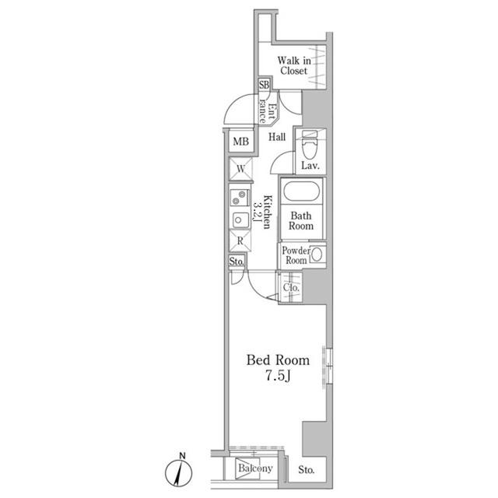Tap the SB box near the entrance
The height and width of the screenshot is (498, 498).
264,85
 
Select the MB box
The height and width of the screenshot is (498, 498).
240,142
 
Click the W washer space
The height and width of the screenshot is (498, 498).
240,168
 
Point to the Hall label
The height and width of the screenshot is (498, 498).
277,137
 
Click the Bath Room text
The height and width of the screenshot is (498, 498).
302,220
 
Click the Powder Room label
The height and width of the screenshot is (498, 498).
295,256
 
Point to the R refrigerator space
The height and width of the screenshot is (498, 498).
241,241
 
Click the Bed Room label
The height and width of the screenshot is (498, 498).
278,360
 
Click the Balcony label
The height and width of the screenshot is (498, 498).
254,468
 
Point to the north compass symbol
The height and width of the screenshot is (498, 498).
180,472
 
